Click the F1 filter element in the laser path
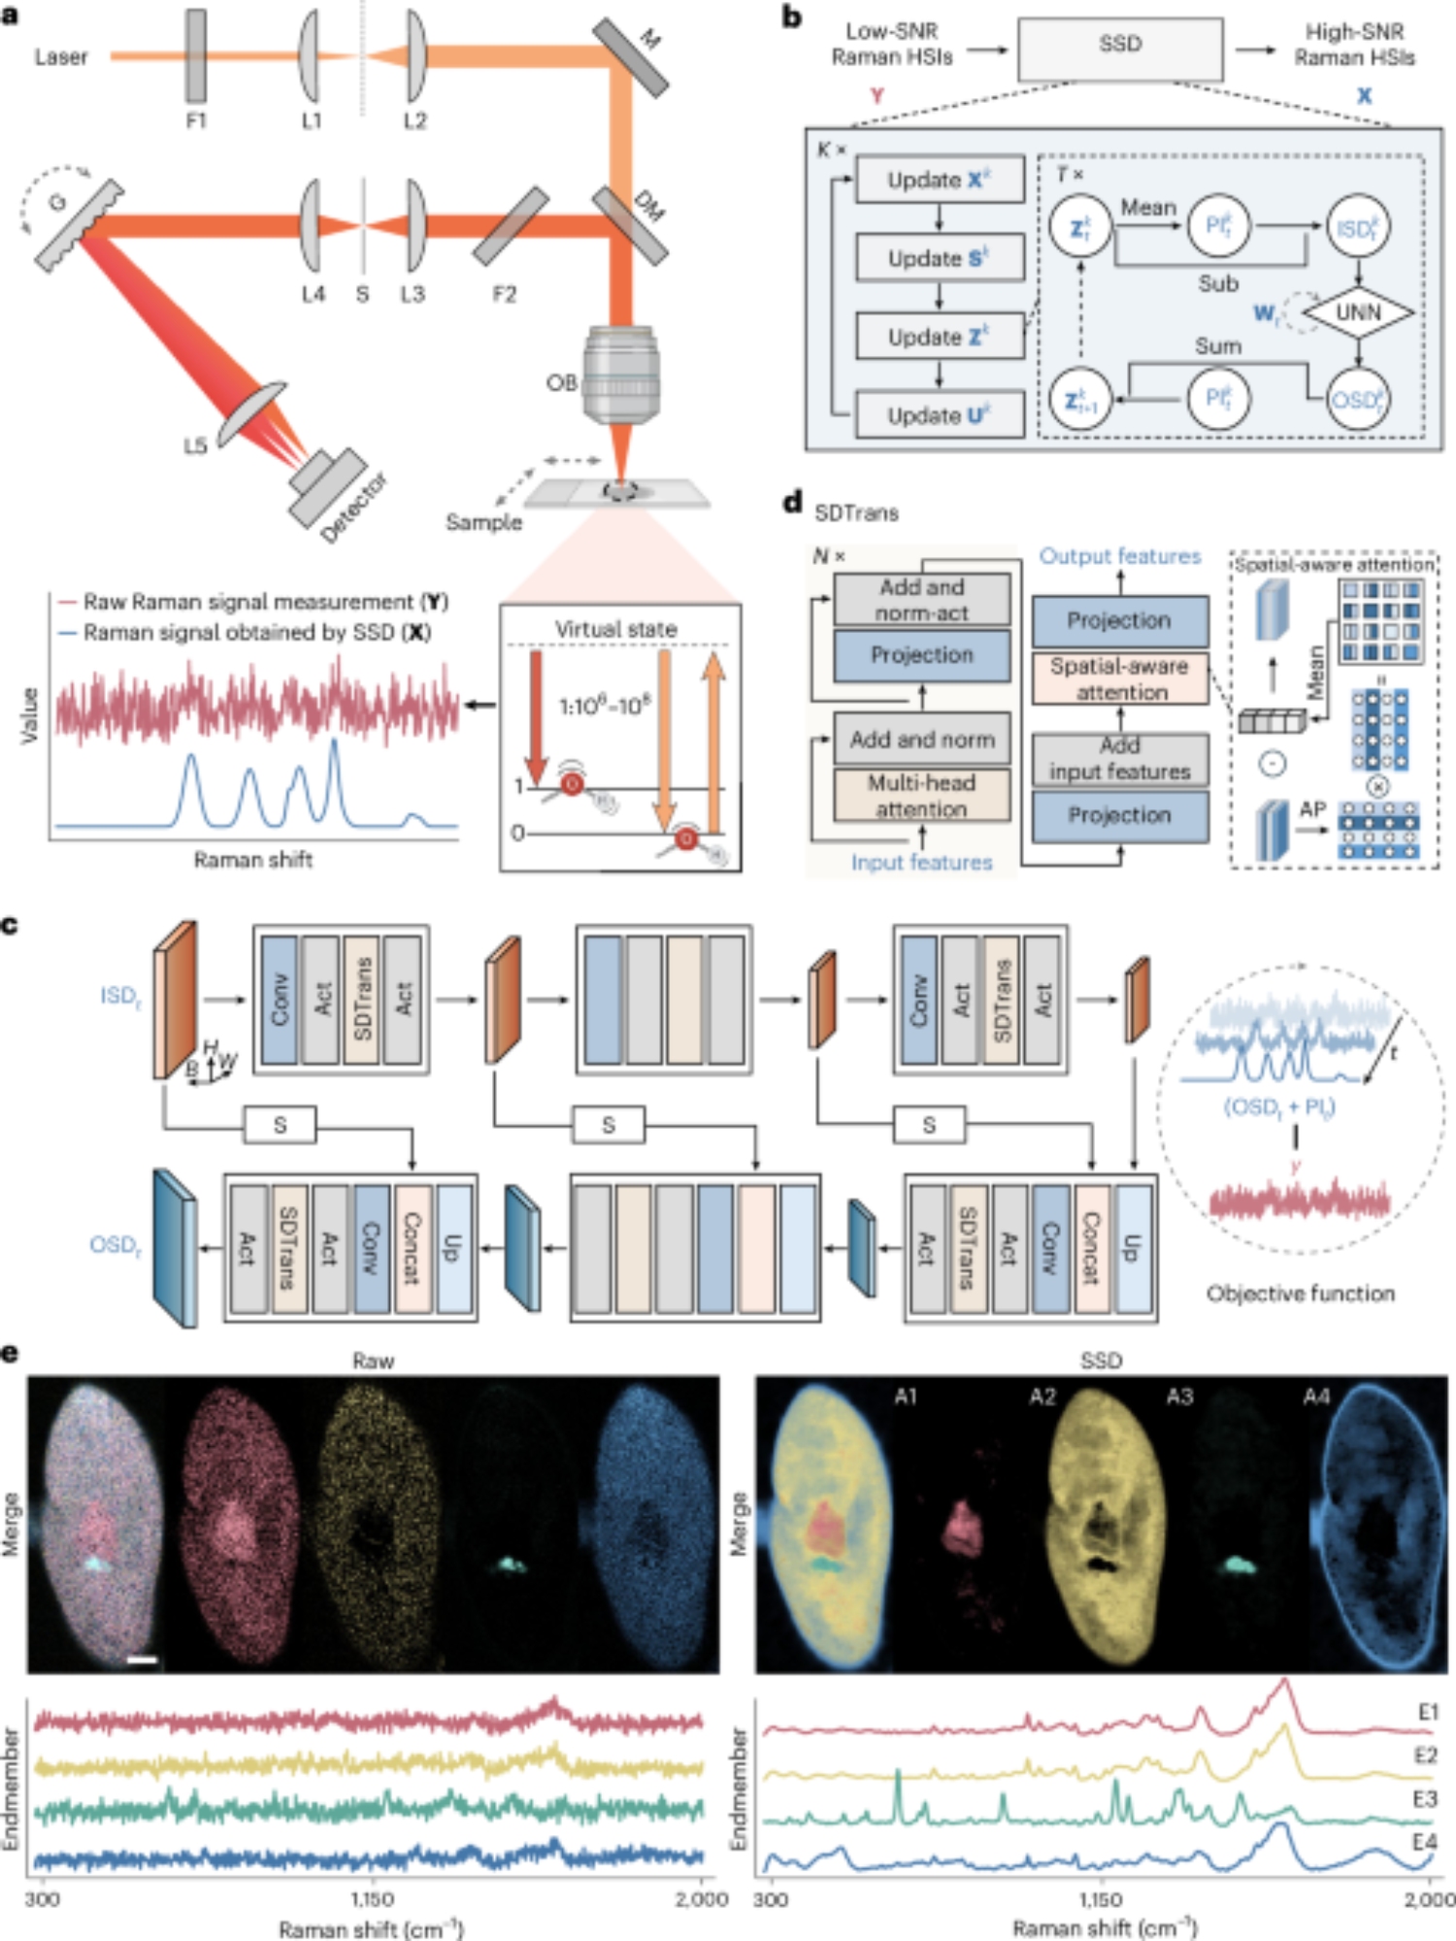point(196,56)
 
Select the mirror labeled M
point(630,56)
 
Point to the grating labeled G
point(80,225)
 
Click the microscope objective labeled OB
point(621,378)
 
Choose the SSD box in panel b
point(1119,47)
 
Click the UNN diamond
point(1357,313)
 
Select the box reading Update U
point(939,415)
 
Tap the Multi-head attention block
point(921,795)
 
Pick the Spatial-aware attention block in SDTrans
point(1119,678)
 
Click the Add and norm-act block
point(921,599)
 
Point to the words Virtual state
point(615,629)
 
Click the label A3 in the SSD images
point(1179,1397)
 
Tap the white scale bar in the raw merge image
point(142,1661)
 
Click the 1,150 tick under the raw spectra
point(372,1898)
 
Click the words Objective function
point(1300,1293)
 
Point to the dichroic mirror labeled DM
point(630,225)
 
